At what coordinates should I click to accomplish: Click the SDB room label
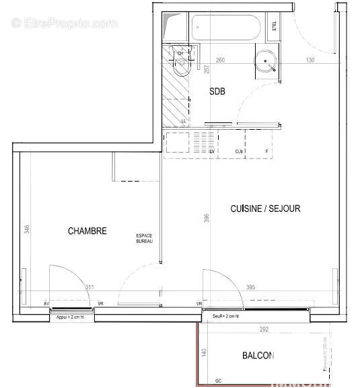tap(217, 91)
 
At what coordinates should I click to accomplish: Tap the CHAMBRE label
tap(87, 231)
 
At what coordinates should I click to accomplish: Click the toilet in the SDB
tap(180, 63)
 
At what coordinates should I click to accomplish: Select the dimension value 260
tap(219, 61)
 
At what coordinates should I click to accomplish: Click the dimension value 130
tap(310, 61)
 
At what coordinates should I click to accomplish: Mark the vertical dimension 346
tap(27, 229)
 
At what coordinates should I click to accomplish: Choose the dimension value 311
tap(89, 287)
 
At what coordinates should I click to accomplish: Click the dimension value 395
tap(250, 287)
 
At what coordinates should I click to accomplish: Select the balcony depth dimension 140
tap(202, 351)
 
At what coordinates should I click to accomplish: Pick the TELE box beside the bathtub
tap(274, 26)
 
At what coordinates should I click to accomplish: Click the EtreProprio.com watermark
tap(65, 23)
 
